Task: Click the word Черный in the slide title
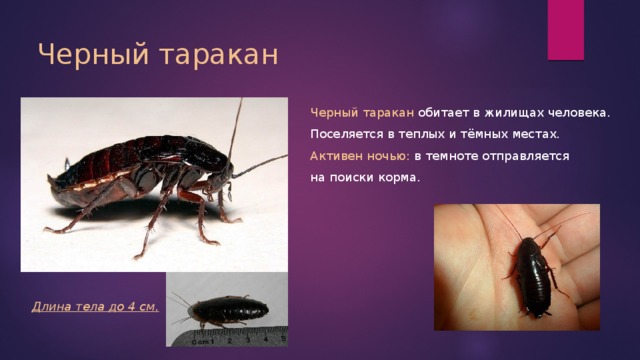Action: tap(93, 54)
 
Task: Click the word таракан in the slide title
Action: tap(218, 56)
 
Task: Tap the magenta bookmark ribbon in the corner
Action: tap(566, 30)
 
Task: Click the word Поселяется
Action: tap(347, 134)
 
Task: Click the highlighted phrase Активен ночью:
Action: tap(360, 156)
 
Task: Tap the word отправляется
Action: tap(526, 156)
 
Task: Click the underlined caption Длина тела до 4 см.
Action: tap(95, 307)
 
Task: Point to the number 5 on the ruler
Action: tap(284, 338)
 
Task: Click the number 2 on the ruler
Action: tap(230, 340)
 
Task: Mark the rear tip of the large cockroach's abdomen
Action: tap(49, 178)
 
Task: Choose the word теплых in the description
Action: tap(421, 134)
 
